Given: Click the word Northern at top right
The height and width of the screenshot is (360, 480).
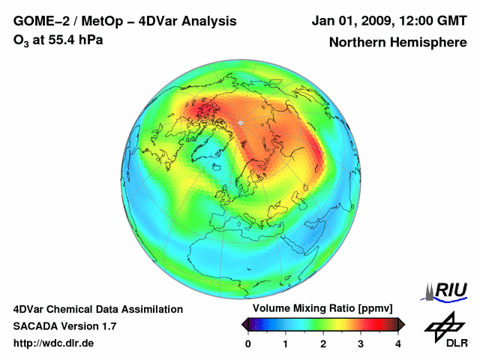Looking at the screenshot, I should (x=357, y=43).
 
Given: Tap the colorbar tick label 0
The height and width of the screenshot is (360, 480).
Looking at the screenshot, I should (x=248, y=343).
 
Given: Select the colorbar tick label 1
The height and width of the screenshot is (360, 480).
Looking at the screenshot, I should (x=286, y=343).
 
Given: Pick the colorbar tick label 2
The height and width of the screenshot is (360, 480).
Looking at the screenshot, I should (x=323, y=343).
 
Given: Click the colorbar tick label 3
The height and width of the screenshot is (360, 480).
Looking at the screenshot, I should (x=361, y=343).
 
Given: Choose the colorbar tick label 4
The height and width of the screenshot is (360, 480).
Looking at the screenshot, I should (x=398, y=343).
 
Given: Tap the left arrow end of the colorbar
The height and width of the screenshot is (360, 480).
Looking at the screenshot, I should (x=245, y=324).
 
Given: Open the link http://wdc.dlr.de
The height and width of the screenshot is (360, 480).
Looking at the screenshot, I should (x=53, y=343).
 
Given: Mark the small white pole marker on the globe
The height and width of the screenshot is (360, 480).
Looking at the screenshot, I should (x=240, y=122).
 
